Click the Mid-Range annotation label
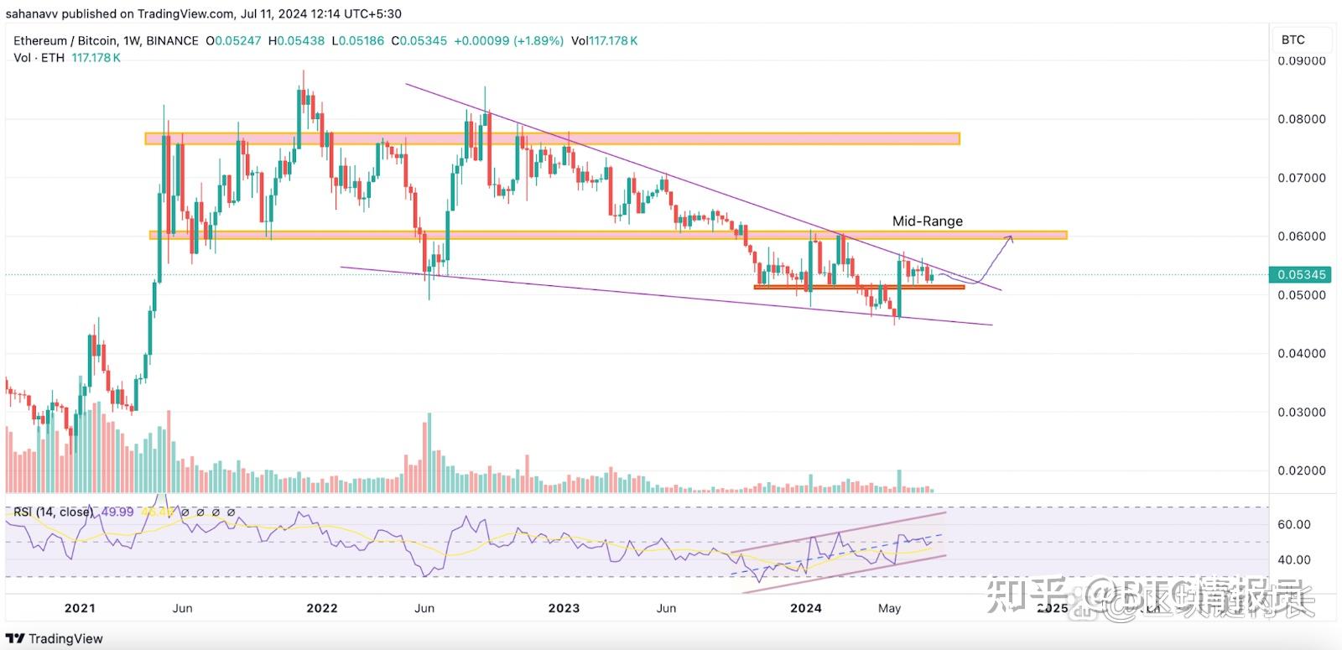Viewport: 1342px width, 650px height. click(927, 221)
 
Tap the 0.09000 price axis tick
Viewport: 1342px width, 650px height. click(1302, 61)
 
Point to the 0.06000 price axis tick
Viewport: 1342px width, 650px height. click(1302, 237)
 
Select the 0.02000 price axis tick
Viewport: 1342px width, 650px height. click(1302, 471)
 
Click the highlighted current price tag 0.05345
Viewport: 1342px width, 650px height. click(1301, 274)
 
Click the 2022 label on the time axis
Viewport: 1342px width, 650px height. click(322, 608)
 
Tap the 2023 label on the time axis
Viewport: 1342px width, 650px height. click(564, 608)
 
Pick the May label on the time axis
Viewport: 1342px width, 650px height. click(889, 608)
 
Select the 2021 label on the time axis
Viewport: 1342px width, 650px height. click(80, 608)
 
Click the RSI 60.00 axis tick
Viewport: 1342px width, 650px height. click(1293, 524)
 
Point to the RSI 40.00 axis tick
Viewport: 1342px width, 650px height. click(1293, 559)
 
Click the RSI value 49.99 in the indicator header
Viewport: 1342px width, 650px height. click(117, 512)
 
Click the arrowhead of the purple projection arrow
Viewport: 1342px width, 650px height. click(1011, 238)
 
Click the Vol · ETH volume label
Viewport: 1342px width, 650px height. click(39, 57)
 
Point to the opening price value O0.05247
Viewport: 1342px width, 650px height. click(234, 40)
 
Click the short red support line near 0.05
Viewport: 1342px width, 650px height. click(859, 287)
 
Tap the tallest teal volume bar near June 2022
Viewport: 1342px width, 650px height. click(429, 453)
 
